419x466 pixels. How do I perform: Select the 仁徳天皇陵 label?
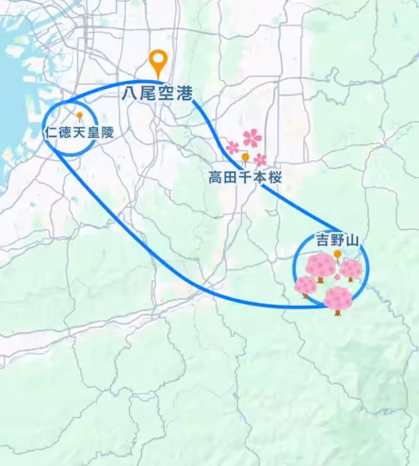(x=79, y=133)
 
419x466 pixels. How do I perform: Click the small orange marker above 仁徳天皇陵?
(x=80, y=115)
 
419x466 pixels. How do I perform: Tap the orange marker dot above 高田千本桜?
(x=245, y=157)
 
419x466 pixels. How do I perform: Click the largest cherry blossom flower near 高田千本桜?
(x=252, y=137)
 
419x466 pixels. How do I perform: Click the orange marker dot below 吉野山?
(x=338, y=254)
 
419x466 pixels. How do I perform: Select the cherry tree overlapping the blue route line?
(x=338, y=298)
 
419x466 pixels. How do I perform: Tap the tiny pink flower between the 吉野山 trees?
(x=337, y=276)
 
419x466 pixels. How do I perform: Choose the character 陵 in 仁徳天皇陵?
(x=107, y=133)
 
